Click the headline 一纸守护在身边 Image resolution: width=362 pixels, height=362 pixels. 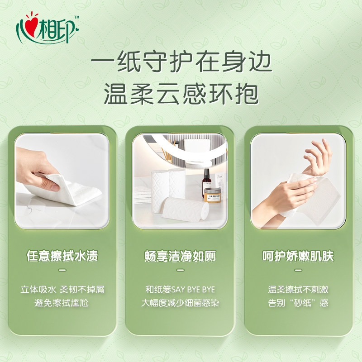[x=181, y=63]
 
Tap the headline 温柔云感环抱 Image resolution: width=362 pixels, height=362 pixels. [x=181, y=95]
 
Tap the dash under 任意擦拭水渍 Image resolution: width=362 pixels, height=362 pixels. [x=62, y=270]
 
